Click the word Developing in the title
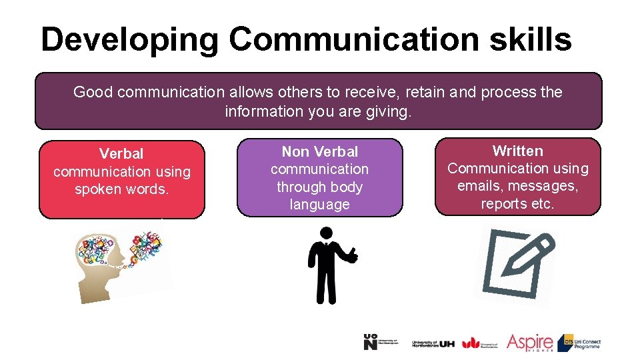[x=129, y=39]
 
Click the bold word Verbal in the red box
[x=121, y=154]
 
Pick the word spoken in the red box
[x=99, y=189]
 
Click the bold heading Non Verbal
[x=319, y=152]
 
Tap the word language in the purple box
[x=319, y=205]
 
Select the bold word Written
[x=517, y=151]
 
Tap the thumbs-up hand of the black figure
[x=351, y=255]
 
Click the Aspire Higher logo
[x=529, y=343]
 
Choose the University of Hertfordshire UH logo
[x=433, y=343]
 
